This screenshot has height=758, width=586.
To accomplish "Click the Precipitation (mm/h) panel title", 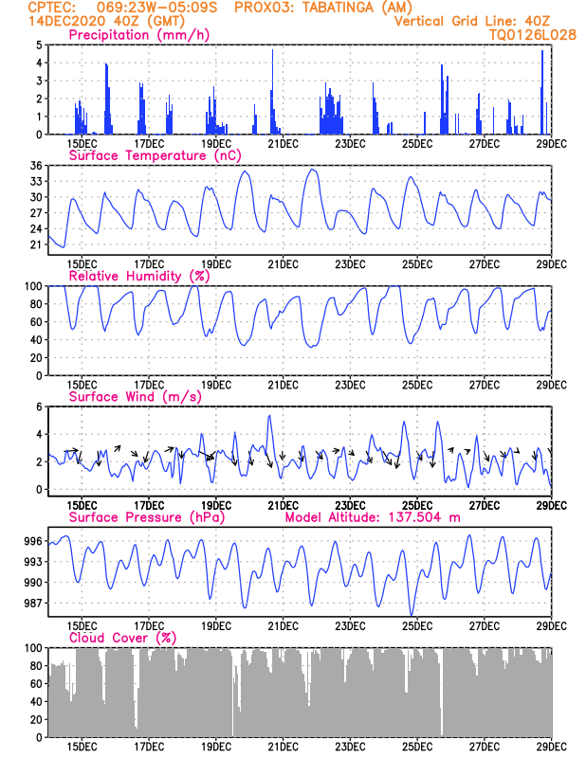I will [x=139, y=35].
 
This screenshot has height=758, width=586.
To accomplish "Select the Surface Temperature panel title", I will [x=151, y=155].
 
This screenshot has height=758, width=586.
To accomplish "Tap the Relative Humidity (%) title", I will [x=139, y=276].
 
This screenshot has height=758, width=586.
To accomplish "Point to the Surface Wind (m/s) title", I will [x=130, y=396].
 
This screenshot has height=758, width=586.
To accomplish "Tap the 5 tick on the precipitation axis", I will [x=39, y=45].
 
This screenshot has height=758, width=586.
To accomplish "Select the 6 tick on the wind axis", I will [x=39, y=406].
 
